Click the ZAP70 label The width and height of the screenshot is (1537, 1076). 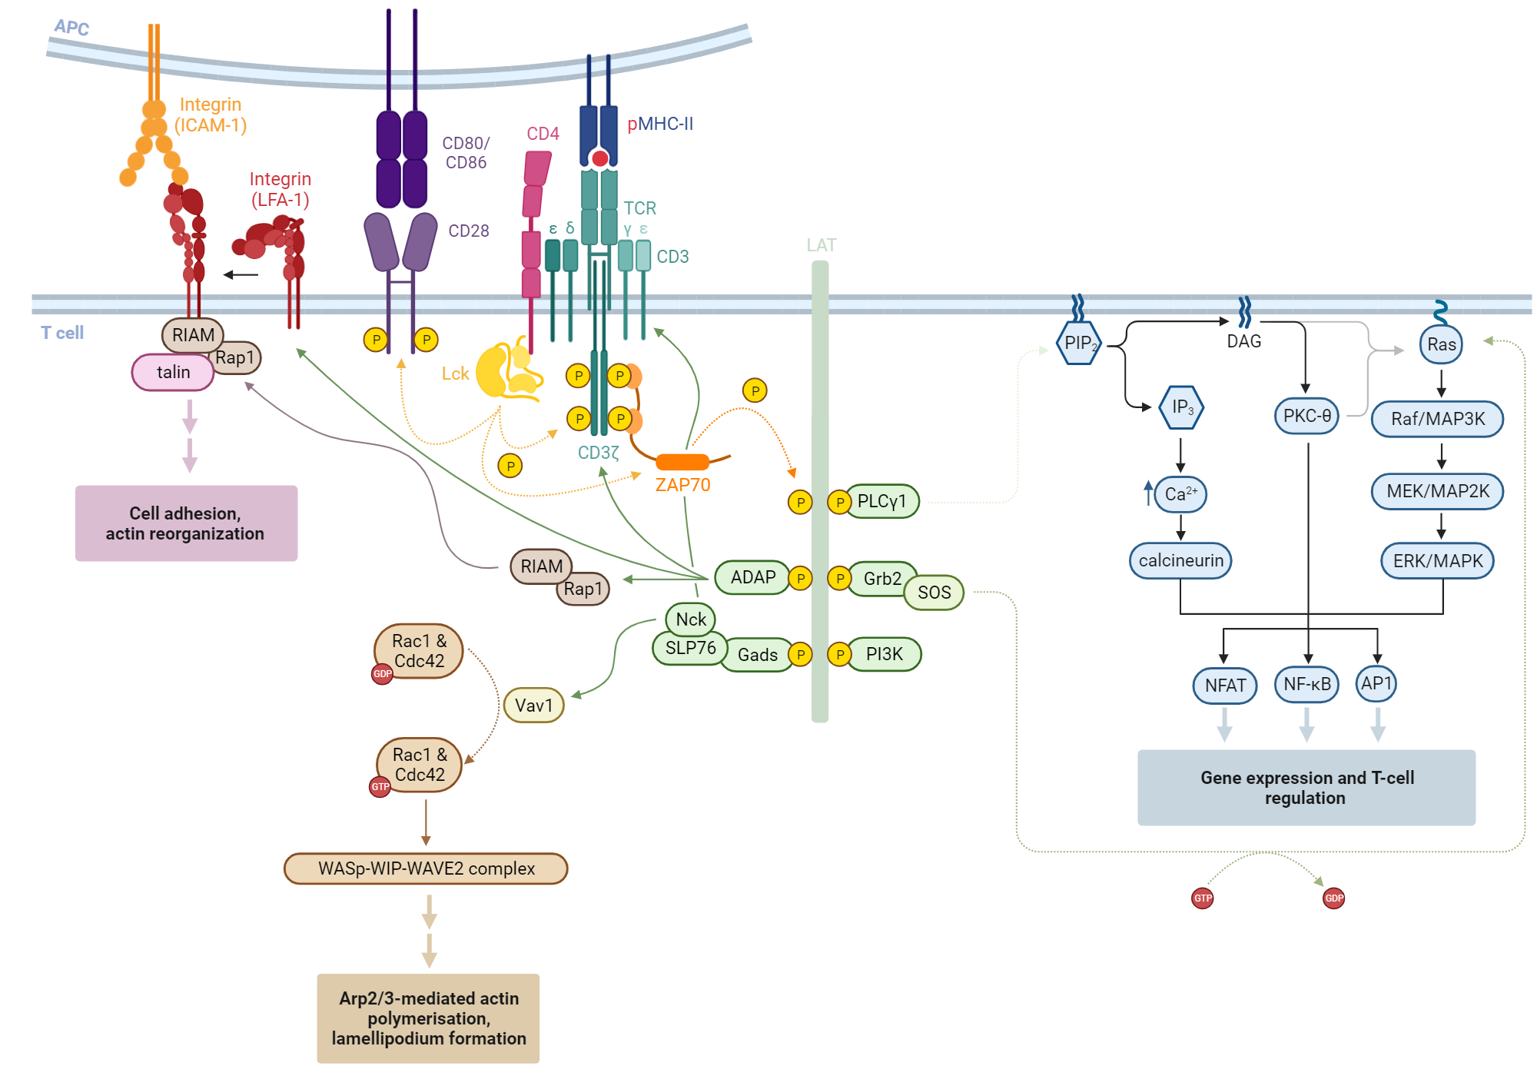[x=682, y=485]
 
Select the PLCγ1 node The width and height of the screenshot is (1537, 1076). [x=882, y=502]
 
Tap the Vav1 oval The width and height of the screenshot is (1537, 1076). [x=533, y=706]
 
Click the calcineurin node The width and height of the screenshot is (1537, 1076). [x=1180, y=561]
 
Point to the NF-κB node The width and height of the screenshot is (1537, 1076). [x=1306, y=685]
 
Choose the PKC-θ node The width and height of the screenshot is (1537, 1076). [x=1306, y=417]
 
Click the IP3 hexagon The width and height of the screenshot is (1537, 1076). [x=1181, y=407]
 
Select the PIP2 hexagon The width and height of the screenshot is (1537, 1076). [x=1080, y=344]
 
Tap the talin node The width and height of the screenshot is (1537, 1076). [x=173, y=373]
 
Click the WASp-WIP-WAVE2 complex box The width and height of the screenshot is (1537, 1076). [x=426, y=869]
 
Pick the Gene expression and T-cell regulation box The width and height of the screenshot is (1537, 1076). [x=1306, y=788]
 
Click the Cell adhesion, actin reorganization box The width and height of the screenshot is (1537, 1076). [x=186, y=523]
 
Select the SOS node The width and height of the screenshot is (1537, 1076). [x=934, y=593]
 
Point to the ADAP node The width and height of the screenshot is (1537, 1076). [x=752, y=578]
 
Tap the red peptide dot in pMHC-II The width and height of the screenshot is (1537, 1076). [x=600, y=159]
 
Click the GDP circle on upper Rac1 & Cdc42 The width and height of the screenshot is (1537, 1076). [x=382, y=674]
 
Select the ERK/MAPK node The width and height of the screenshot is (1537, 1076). [x=1437, y=561]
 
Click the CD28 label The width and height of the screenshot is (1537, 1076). [x=469, y=231]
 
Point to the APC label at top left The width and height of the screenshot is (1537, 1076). [x=71, y=28]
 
